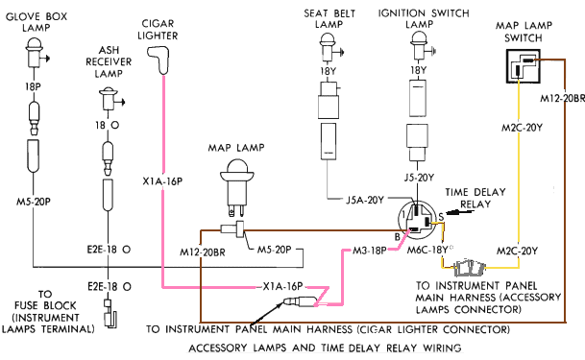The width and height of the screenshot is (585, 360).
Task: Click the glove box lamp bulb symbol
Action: tap(35, 52)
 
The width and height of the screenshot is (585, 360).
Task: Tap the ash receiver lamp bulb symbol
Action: tap(109, 99)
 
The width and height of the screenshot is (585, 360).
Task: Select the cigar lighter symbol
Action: tap(159, 60)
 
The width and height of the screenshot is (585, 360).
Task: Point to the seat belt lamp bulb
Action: tap(329, 47)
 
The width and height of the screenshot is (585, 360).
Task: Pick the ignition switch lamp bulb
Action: tap(419, 46)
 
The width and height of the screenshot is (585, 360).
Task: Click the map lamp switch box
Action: tap(524, 66)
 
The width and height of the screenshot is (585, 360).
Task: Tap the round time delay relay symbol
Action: tap(418, 219)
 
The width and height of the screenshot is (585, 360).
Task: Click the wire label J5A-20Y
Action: tap(364, 200)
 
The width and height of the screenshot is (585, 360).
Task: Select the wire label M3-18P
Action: tap(370, 251)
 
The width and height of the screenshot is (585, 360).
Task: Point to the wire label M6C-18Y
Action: tap(427, 250)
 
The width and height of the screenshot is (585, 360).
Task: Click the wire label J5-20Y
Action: tap(419, 178)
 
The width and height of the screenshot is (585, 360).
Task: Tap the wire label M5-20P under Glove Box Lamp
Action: tap(34, 202)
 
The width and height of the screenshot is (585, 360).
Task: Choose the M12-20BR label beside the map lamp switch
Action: tap(562, 98)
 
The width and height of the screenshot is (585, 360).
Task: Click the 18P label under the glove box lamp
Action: tap(33, 86)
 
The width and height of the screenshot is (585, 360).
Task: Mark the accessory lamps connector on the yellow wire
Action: tap(469, 267)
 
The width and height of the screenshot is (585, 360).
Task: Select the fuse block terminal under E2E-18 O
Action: tap(110, 314)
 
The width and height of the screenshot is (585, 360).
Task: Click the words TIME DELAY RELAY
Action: tap(475, 199)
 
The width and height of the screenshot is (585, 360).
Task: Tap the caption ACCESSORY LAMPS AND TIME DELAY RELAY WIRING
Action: tap(325, 348)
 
